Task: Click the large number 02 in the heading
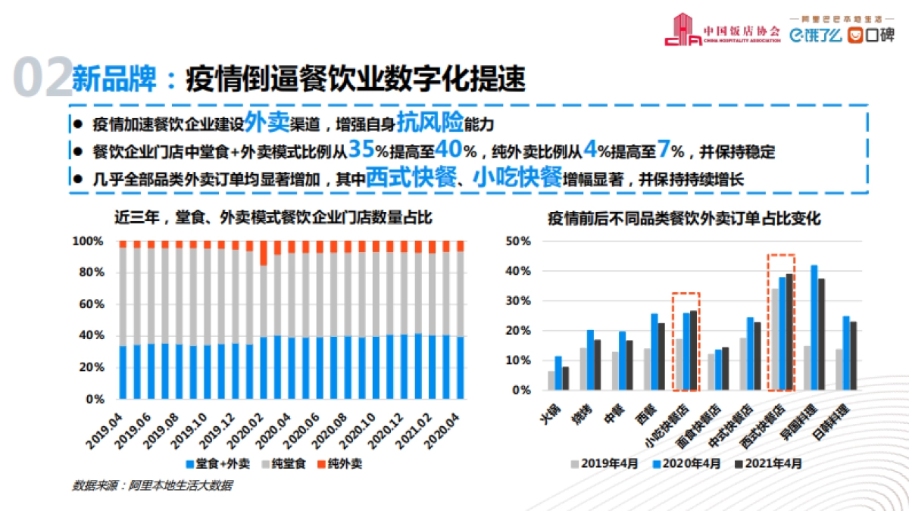coord(42,78)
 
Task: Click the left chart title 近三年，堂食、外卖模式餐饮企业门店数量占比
coord(273,218)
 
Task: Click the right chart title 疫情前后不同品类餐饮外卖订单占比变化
coord(685,218)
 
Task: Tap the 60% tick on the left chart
coord(88,304)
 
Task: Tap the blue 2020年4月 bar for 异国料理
coord(814,328)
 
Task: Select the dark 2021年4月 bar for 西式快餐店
coord(789,332)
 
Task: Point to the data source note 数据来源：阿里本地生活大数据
coord(152,485)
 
